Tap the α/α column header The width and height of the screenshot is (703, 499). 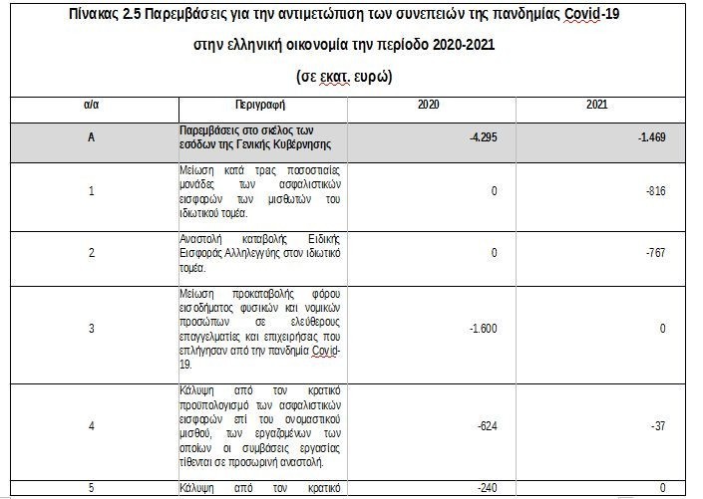[x=91, y=105]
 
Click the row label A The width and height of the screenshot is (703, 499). [x=91, y=137]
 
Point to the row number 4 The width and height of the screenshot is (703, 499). [x=91, y=425]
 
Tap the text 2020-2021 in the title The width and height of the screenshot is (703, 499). [x=446, y=46]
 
